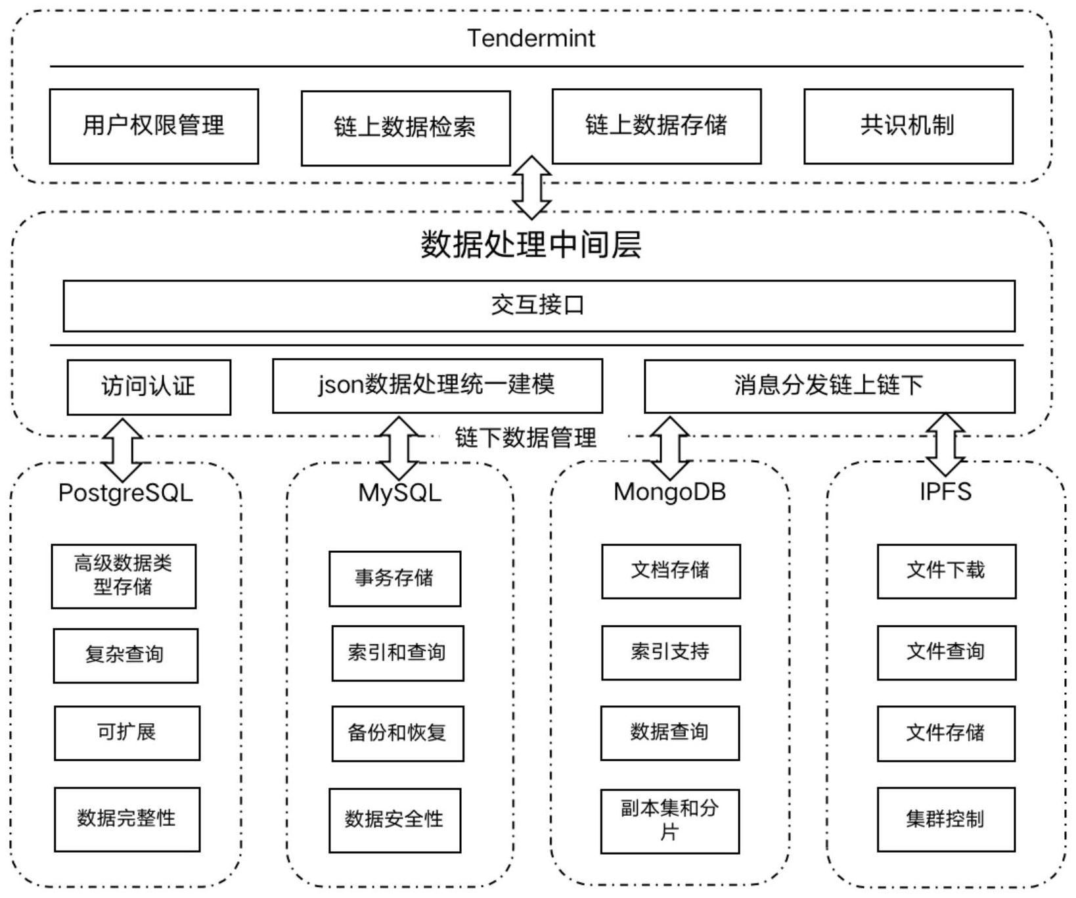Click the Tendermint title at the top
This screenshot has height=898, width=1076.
coord(531,38)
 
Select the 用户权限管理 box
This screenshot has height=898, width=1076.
coord(154,126)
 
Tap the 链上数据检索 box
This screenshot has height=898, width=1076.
coord(405,128)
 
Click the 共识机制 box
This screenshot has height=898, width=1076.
coord(908,126)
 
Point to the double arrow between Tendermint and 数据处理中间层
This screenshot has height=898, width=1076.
coord(531,187)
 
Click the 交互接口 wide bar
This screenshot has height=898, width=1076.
coord(539,306)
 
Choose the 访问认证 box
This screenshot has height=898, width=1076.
coord(148,387)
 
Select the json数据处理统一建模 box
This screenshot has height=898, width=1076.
coord(437,385)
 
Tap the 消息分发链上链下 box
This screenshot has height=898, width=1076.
coord(829,386)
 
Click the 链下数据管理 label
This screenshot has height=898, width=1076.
coord(526,438)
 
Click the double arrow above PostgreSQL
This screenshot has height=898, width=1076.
coord(123,450)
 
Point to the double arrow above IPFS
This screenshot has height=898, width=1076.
coord(945,444)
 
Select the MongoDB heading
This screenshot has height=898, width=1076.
coord(669,492)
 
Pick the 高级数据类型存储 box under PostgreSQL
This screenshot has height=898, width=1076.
coord(123,576)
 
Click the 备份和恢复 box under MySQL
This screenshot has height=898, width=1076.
coord(397,733)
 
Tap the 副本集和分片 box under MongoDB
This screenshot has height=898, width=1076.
coord(669,821)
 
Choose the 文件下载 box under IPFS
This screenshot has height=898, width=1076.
coord(946,571)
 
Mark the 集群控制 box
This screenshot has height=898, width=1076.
coord(946,819)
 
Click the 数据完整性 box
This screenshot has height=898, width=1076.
coord(127,819)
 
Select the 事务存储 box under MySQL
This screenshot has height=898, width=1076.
coord(394,579)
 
